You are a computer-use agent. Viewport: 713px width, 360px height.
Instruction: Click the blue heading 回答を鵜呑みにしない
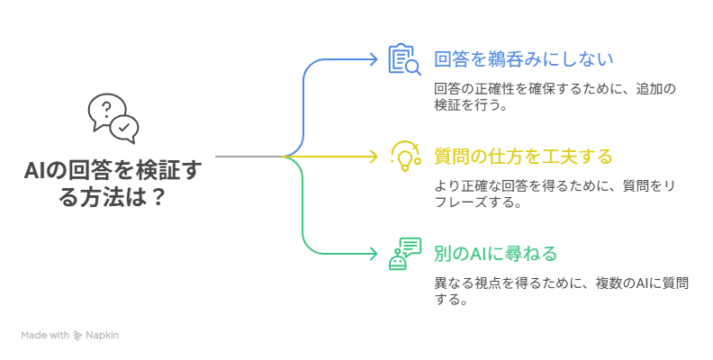tap(523, 60)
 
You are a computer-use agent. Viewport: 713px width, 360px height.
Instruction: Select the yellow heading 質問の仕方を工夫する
tap(523, 157)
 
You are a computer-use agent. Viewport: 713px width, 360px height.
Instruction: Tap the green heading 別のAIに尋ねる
tap(496, 253)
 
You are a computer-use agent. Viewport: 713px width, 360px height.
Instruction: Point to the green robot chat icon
tap(404, 253)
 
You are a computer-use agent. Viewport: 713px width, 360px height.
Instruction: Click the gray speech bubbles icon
tap(113, 118)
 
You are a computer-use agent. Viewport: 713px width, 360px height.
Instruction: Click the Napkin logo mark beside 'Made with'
tap(78, 335)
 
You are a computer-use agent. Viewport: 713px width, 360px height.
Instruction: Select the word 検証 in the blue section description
tap(447, 104)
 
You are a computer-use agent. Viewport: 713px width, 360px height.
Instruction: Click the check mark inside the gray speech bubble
tap(124, 128)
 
